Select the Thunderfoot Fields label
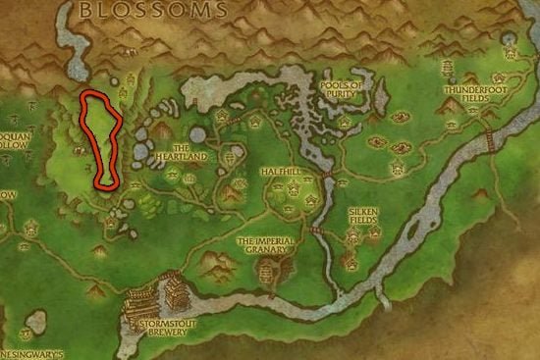point(469,93)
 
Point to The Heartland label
point(184,154)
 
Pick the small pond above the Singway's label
point(37,321)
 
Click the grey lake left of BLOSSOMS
point(71,44)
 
